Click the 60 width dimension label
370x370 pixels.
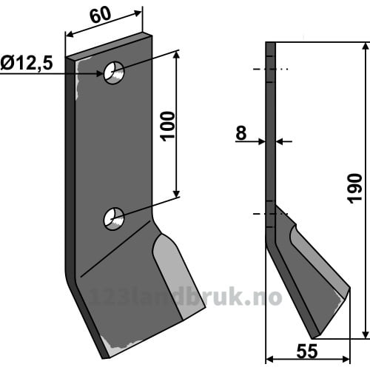(101, 15)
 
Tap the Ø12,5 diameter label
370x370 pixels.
(27, 63)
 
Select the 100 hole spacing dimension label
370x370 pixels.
(169, 127)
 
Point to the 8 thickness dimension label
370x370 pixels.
(241, 132)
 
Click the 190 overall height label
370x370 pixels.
(354, 189)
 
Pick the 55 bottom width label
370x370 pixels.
(307, 351)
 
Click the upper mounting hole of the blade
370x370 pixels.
(114, 73)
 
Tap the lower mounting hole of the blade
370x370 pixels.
(114, 219)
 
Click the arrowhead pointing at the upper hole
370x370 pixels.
(98, 73)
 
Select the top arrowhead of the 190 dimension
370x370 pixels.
(366, 47)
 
